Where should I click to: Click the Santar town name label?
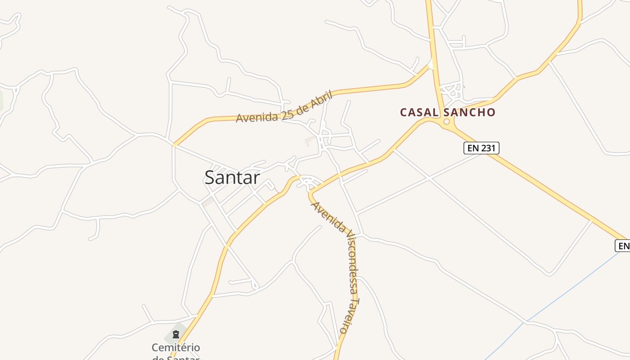coord(232,177)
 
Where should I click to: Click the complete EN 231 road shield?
coord(481,148)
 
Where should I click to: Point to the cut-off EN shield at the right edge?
coord(623,246)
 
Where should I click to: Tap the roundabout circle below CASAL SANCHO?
coord(446,121)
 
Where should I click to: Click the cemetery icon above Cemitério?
coord(175,334)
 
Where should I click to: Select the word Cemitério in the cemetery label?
coord(175,347)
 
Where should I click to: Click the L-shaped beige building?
coord(310,141)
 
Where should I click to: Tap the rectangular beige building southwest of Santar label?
coord(207,203)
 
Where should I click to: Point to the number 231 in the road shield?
coord(487,148)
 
